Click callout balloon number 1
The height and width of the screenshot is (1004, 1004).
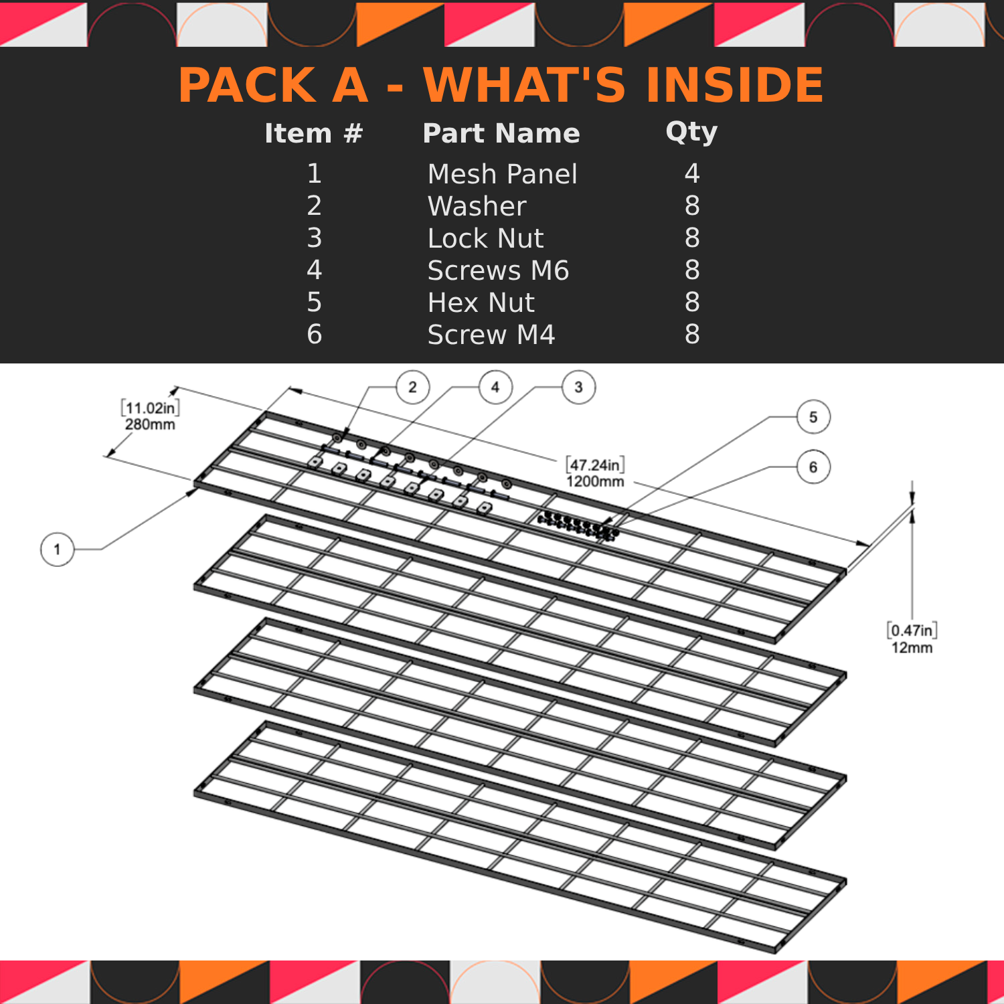pyautogui.click(x=57, y=550)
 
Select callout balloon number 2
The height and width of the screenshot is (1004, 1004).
pyautogui.click(x=412, y=387)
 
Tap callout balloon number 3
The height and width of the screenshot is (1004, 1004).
pyautogui.click(x=579, y=387)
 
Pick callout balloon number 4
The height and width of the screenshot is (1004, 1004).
pyautogui.click(x=495, y=387)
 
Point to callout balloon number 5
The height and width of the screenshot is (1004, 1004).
pyautogui.click(x=813, y=417)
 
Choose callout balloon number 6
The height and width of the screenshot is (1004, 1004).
pyautogui.click(x=813, y=467)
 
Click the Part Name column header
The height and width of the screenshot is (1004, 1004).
pyautogui.click(x=501, y=133)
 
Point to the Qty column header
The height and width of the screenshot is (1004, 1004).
pyautogui.click(x=691, y=133)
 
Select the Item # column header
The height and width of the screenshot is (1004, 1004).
pyautogui.click(x=313, y=133)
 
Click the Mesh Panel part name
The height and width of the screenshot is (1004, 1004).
pyautogui.click(x=502, y=174)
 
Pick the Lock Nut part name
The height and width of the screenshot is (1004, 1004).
pyautogui.click(x=485, y=238)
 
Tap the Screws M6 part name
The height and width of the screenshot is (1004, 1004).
pyautogui.click(x=498, y=270)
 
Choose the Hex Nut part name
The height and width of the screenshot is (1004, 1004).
pyautogui.click(x=481, y=303)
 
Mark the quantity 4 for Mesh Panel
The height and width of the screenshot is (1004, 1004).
pyautogui.click(x=692, y=174)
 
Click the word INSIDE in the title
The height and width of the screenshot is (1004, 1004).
pyautogui.click(x=734, y=85)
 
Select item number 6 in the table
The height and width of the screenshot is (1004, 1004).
pyautogui.click(x=314, y=335)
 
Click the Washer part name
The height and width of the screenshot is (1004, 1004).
pyautogui.click(x=477, y=206)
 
